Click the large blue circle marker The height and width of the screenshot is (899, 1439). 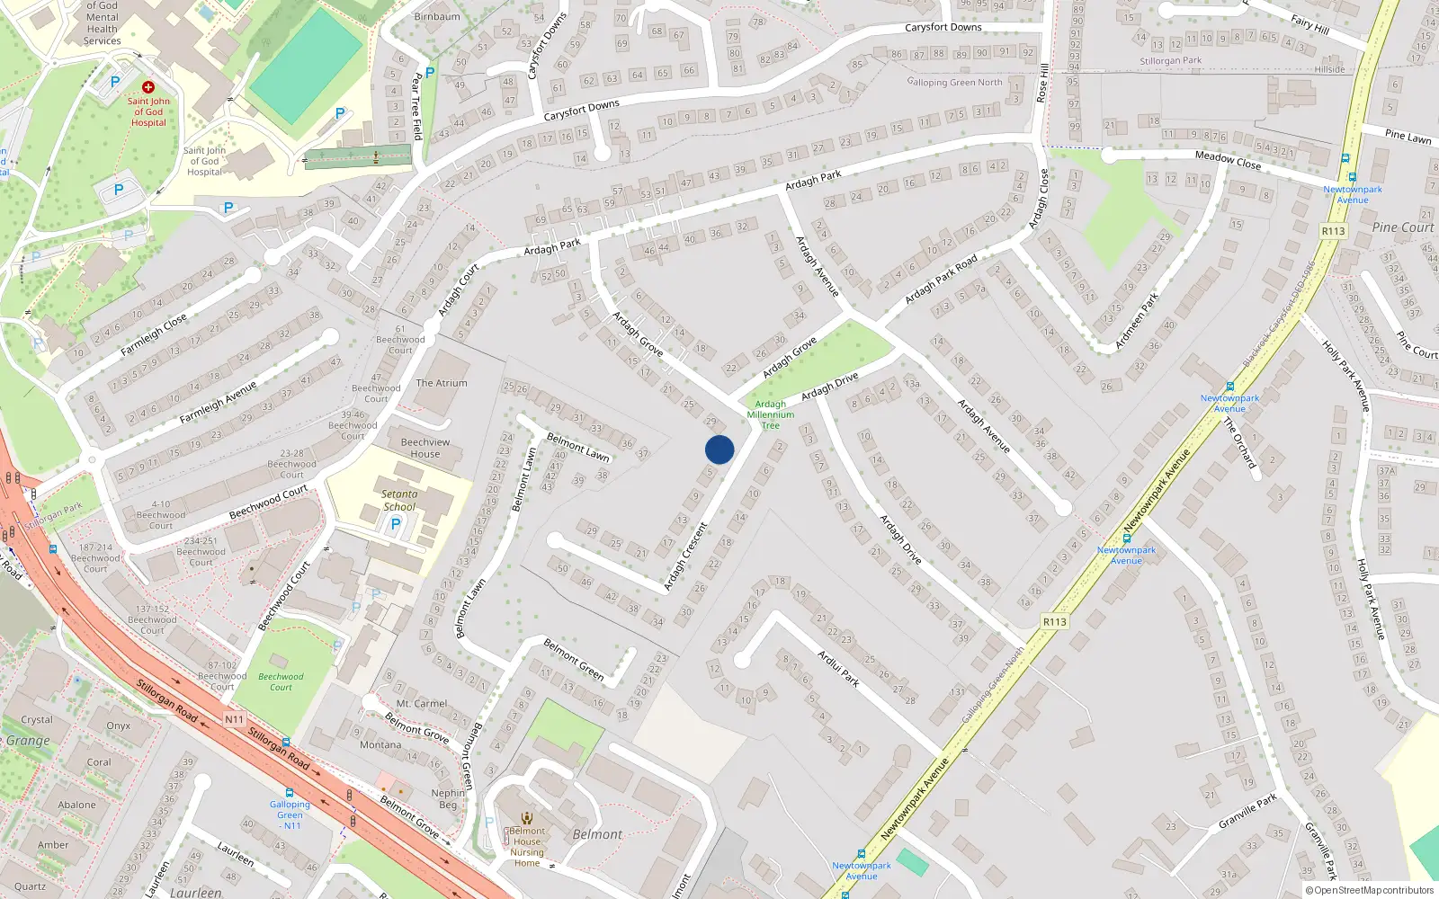pyautogui.click(x=719, y=449)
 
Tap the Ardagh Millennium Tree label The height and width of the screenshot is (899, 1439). pyautogui.click(x=771, y=414)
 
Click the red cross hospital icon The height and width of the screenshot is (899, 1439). pyautogui.click(x=148, y=87)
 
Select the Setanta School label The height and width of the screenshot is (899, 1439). pyautogui.click(x=399, y=500)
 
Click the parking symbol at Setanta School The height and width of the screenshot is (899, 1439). pyautogui.click(x=395, y=525)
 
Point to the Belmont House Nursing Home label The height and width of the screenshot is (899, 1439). pyautogui.click(x=527, y=847)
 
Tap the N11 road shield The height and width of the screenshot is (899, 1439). pyautogui.click(x=234, y=719)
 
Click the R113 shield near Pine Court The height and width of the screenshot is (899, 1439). pyautogui.click(x=1333, y=231)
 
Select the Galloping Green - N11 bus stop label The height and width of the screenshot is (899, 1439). pyautogui.click(x=290, y=814)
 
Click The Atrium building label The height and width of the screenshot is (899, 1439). pyautogui.click(x=442, y=383)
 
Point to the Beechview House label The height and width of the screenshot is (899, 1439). pyautogui.click(x=425, y=448)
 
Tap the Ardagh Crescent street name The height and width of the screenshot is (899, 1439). pyautogui.click(x=686, y=558)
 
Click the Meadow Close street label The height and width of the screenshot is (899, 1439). pyautogui.click(x=1228, y=160)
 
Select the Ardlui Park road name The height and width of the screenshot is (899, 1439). pyautogui.click(x=838, y=668)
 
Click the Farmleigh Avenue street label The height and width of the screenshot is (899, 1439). pyautogui.click(x=218, y=402)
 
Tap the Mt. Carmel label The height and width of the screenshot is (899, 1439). pyautogui.click(x=422, y=704)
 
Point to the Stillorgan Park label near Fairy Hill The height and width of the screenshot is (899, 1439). pyautogui.click(x=1170, y=61)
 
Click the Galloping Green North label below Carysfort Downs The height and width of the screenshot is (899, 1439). pyautogui.click(x=954, y=82)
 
